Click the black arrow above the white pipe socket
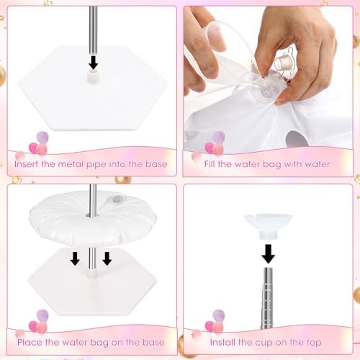pyautogui.click(x=93, y=63)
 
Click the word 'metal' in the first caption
pyautogui.click(x=71, y=164)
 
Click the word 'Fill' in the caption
pyautogui.click(x=210, y=164)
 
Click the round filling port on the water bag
pyautogui.click(x=266, y=92)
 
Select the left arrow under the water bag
pyautogui.click(x=75, y=258)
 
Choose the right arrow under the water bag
pyautogui.click(x=107, y=258)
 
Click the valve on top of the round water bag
pyautogui.click(x=116, y=199)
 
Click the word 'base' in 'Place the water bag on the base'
pyautogui.click(x=153, y=342)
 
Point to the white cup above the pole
pyautogui.click(x=268, y=226)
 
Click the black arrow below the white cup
pyautogui.click(x=269, y=254)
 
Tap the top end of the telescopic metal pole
pyautogui.click(x=269, y=269)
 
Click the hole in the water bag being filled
pyautogui.click(x=297, y=139)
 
